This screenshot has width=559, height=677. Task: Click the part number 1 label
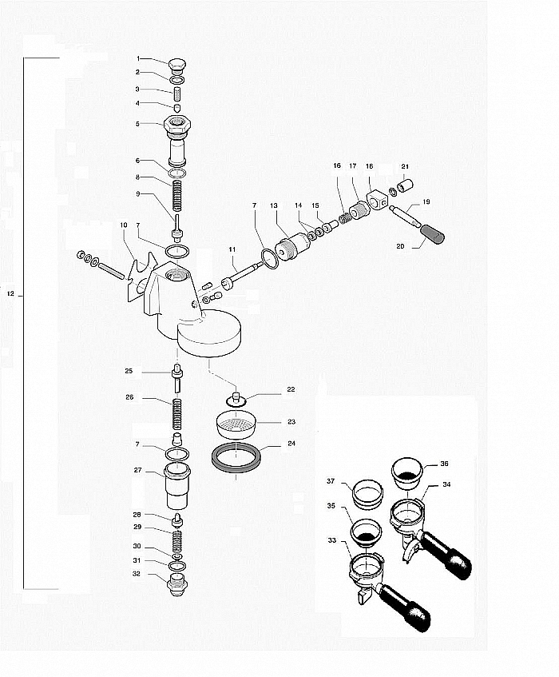138,58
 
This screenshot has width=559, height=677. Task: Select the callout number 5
137,124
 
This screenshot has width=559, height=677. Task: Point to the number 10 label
124,225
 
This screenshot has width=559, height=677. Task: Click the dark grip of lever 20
432,234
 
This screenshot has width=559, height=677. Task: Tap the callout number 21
405,166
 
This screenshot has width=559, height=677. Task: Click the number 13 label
274,205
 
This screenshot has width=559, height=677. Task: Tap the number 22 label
291,389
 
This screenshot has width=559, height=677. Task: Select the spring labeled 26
176,414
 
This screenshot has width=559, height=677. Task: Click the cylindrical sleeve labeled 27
177,486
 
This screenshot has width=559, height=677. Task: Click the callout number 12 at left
11,293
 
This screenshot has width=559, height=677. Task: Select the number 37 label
331,481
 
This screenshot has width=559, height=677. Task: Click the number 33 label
331,540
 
